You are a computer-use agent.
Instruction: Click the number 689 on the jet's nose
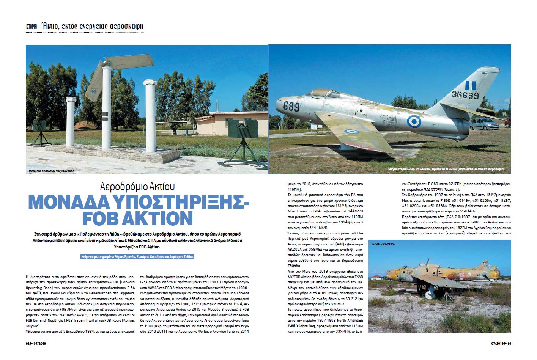291,107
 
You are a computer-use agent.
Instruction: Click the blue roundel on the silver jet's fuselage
414,121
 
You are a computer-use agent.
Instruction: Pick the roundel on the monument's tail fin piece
93,91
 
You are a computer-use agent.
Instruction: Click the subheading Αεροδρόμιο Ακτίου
137,187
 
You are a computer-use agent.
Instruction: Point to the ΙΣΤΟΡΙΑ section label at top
31,27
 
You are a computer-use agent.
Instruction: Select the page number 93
510,344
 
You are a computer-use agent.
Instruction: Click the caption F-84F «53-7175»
383,244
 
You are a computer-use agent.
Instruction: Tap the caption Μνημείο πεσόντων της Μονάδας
51,171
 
